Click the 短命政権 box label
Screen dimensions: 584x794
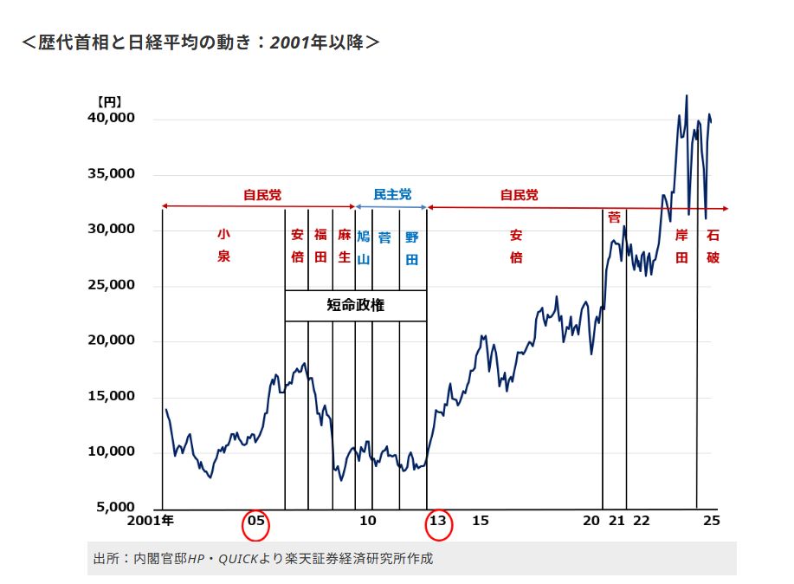pos(356,305)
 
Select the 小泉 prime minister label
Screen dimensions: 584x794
pos(223,245)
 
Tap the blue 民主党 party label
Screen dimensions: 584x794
pos(392,195)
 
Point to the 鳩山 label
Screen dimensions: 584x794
pos(364,246)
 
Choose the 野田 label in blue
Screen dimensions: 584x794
pos(411,246)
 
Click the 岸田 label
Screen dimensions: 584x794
pos(681,246)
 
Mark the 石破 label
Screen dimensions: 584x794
pos(713,246)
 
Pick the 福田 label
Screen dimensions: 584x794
pos(320,246)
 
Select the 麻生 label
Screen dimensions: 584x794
pos(344,246)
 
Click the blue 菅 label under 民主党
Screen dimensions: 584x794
pos(385,236)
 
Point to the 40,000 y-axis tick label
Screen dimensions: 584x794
pos(112,118)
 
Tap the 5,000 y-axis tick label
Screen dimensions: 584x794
pos(115,507)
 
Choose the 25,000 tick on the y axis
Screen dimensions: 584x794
pos(112,285)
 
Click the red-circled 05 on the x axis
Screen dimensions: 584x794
pos(256,522)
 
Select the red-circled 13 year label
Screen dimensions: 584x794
pos(438,522)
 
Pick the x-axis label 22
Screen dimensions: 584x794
pos(641,521)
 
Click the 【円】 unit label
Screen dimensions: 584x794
pos(109,101)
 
